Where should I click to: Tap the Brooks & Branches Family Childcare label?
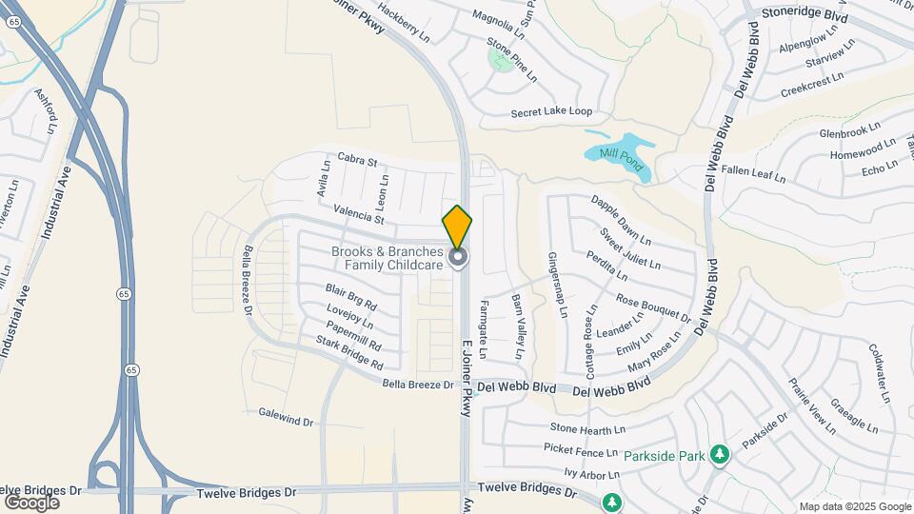pos(387,258)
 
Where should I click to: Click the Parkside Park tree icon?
pos(721,455)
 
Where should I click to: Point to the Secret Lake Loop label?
pos(551,111)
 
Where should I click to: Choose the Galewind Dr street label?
pos(286,416)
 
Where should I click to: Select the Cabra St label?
pos(358,162)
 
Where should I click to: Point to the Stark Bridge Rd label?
pos(349,353)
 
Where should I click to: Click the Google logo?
pos(31,502)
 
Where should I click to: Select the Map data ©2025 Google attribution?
pos(855,506)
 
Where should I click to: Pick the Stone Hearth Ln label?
pos(586,429)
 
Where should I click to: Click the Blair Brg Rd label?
pos(350,298)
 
